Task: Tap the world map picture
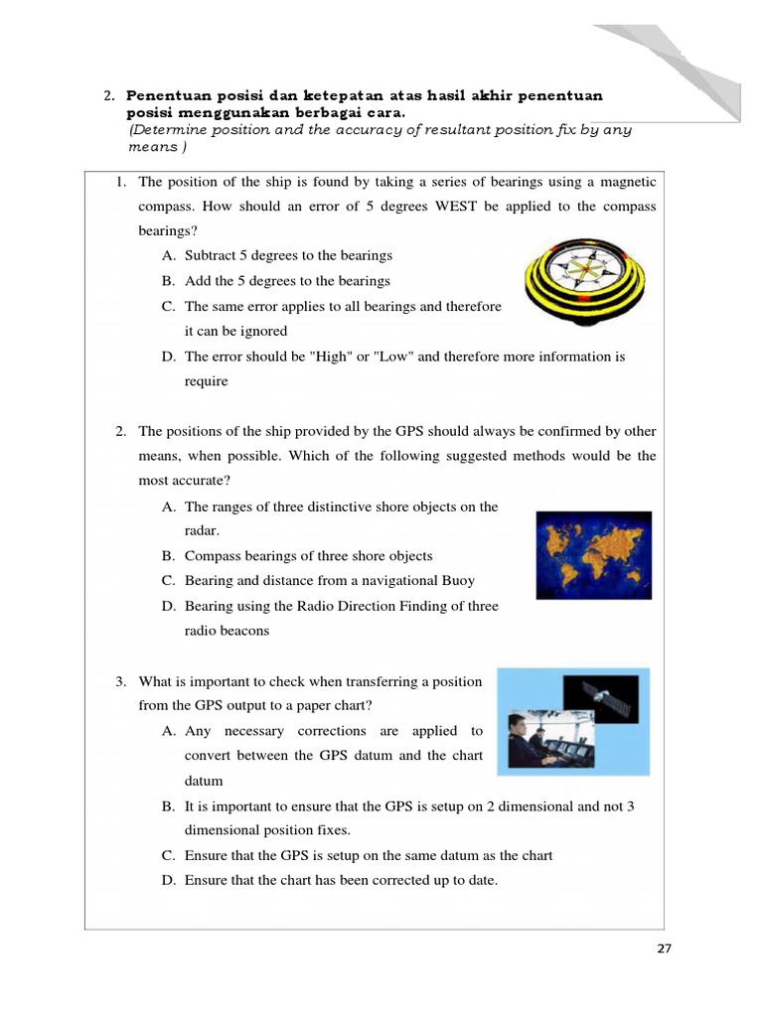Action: click(593, 554)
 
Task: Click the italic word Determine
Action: click(168, 130)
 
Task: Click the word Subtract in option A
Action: click(211, 256)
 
